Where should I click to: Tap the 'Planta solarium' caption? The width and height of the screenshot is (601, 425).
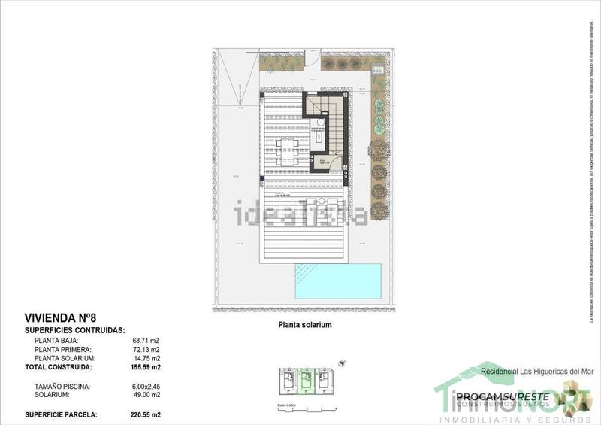click(x=300, y=326)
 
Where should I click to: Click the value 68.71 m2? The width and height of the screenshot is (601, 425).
click(x=146, y=341)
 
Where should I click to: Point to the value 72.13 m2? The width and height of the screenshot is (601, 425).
click(x=146, y=350)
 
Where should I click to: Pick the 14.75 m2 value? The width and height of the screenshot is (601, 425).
click(x=146, y=359)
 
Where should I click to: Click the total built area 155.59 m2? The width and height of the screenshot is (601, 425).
click(x=145, y=368)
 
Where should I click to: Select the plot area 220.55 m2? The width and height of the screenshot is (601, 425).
click(x=145, y=414)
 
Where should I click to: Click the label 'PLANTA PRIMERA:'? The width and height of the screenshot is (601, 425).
click(x=63, y=350)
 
